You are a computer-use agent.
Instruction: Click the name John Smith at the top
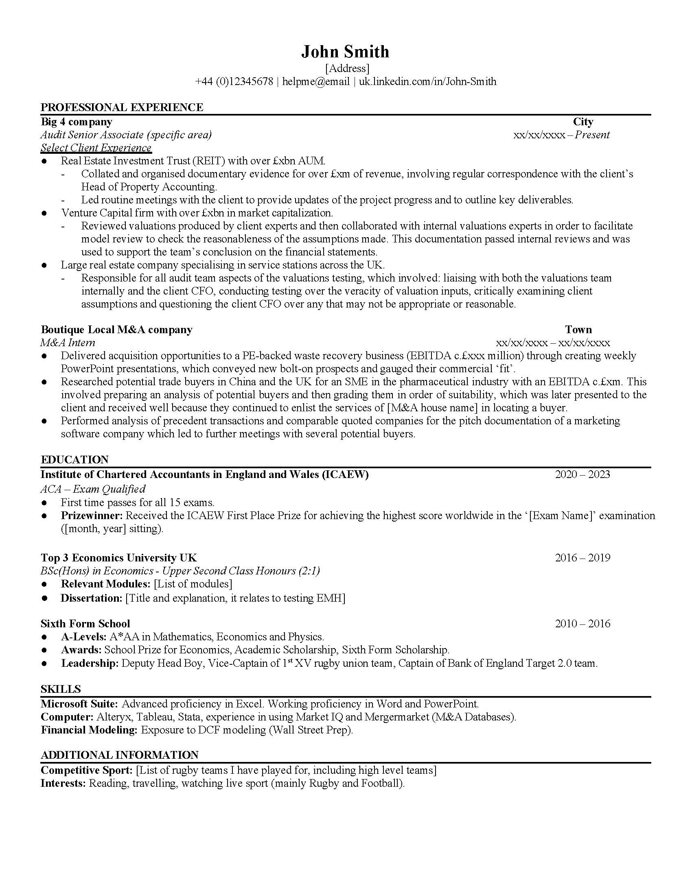[x=345, y=52]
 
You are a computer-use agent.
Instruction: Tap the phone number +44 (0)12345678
[x=234, y=81]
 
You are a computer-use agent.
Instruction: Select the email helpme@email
[x=315, y=81]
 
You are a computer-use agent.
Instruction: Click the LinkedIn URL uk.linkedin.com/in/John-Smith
[x=427, y=81]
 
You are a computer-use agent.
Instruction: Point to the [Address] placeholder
[x=347, y=68]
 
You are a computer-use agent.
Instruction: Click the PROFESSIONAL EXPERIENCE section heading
[x=122, y=107]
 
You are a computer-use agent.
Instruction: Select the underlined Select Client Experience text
[x=96, y=148]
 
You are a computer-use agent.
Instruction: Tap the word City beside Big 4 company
[x=583, y=122]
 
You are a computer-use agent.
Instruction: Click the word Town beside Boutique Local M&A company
[x=578, y=330]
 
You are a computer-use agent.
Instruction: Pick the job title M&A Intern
[x=68, y=343]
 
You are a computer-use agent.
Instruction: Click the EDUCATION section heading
[x=74, y=459]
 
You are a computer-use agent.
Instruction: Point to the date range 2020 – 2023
[x=582, y=474]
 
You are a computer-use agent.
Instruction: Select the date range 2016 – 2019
[x=582, y=558]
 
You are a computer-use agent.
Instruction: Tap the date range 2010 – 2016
[x=582, y=624]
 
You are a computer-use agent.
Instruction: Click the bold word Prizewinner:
[x=92, y=515]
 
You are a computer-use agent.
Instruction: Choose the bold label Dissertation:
[x=92, y=598]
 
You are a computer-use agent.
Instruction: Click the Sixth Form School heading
[x=85, y=624]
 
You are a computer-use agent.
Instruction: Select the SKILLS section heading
[x=61, y=689]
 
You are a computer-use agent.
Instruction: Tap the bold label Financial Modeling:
[x=89, y=730]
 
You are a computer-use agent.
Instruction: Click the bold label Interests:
[x=63, y=784]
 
